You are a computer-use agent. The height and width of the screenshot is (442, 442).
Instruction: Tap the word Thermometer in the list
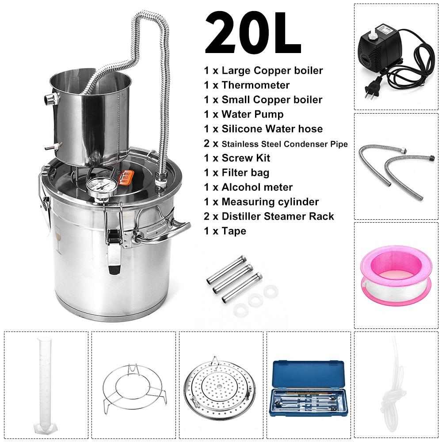tap(255, 85)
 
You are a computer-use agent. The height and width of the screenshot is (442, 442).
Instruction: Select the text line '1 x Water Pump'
tap(244, 114)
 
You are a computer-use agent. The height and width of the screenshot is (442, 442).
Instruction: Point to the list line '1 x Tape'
tap(225, 231)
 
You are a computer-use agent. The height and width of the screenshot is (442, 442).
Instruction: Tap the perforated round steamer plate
tap(219, 385)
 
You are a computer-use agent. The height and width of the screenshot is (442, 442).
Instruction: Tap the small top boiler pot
tap(91, 117)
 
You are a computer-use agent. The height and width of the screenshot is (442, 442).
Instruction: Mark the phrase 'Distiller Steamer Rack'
tap(278, 216)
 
